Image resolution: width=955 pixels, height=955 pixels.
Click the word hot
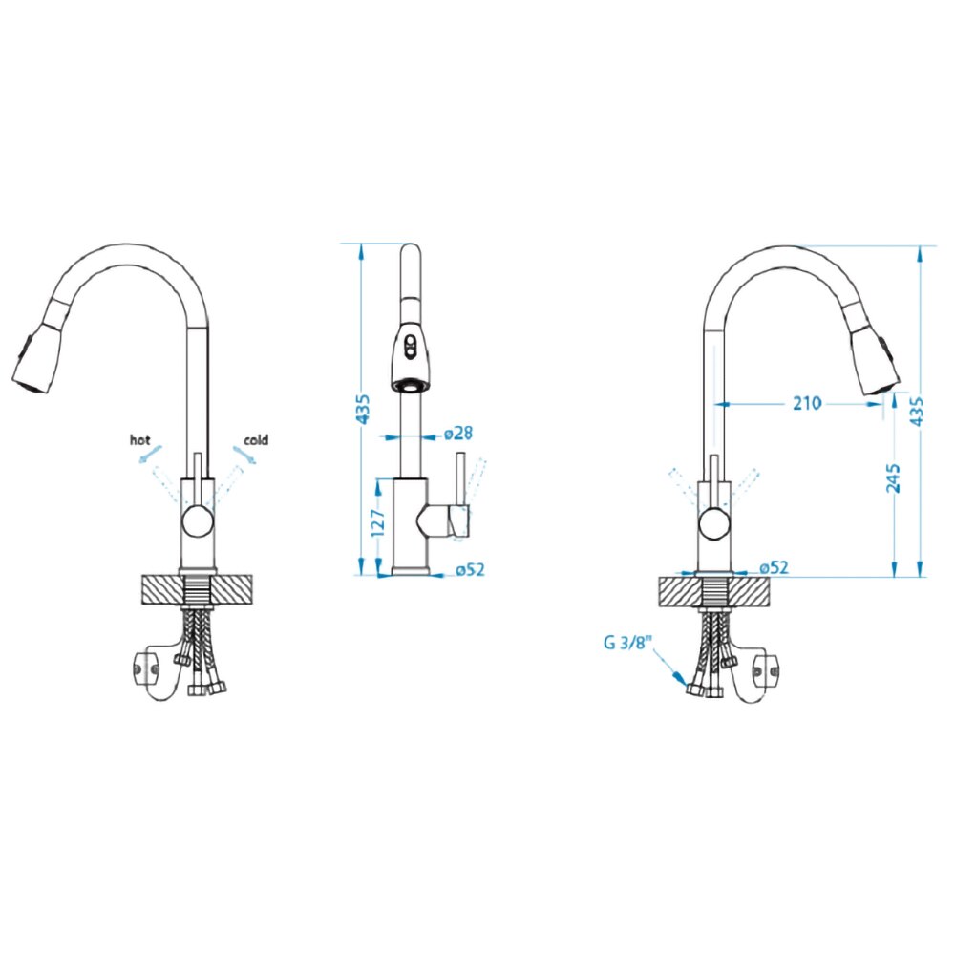(x=139, y=439)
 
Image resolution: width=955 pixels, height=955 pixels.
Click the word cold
(x=256, y=439)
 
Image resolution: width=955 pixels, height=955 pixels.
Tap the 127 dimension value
(x=378, y=523)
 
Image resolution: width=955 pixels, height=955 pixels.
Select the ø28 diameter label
(x=458, y=433)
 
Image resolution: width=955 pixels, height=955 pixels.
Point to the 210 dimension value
(x=807, y=403)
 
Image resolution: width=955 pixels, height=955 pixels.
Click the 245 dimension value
(x=893, y=478)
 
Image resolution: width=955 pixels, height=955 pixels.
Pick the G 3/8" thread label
(x=628, y=643)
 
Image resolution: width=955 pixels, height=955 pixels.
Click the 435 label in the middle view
(x=362, y=410)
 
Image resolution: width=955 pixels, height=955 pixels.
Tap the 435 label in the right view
(x=916, y=411)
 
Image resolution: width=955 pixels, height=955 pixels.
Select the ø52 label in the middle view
(x=470, y=569)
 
